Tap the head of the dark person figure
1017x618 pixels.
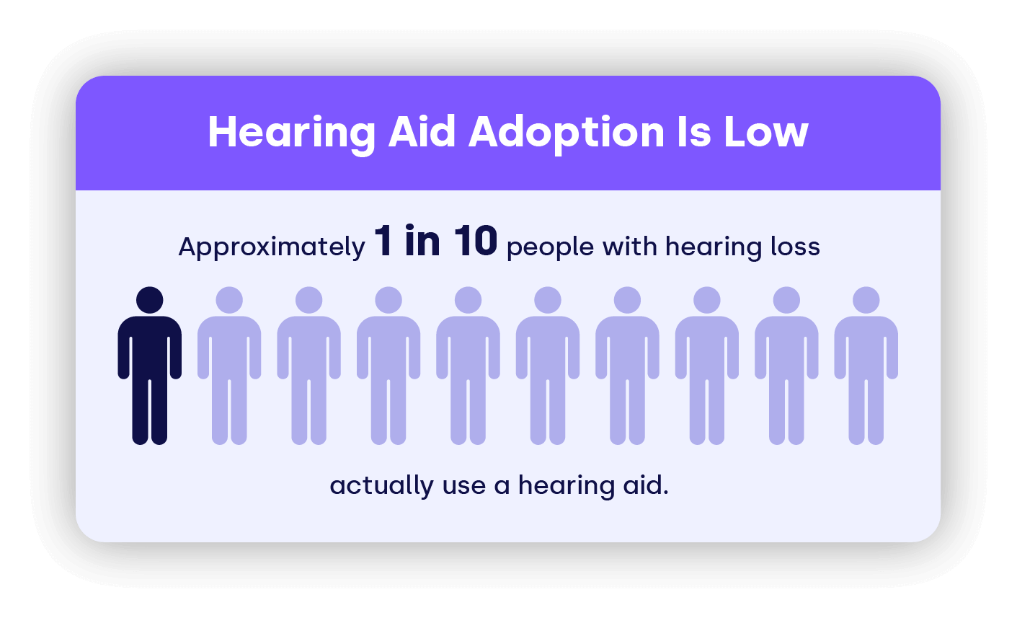[x=149, y=300]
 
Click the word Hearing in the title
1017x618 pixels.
[x=291, y=133]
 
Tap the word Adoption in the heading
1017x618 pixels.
[x=567, y=133]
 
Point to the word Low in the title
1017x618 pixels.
[x=766, y=132]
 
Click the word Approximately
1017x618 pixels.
[x=272, y=248]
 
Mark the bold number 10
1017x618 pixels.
[x=476, y=241]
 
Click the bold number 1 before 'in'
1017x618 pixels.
[x=383, y=241]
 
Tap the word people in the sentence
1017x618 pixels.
[x=550, y=248]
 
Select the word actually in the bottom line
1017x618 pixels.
[x=381, y=486]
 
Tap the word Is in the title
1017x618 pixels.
[x=694, y=132]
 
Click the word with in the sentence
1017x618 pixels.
[x=630, y=246]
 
